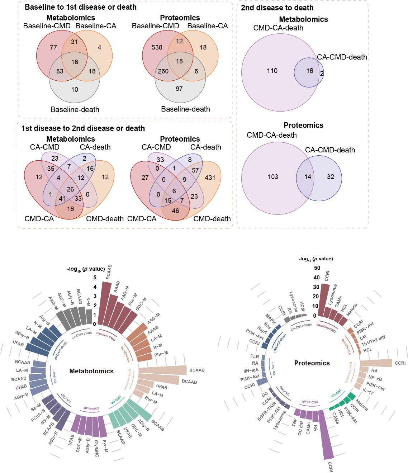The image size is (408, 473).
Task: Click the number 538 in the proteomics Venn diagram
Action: pos(157,47)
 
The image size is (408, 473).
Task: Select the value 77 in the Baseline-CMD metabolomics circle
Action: pos(53,47)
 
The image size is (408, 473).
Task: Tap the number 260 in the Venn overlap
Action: pos(163,71)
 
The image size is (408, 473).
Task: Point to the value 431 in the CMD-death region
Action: pos(210,177)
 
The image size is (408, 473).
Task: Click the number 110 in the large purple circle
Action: pos(272,71)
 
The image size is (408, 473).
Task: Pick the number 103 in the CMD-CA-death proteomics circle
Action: pos(273,176)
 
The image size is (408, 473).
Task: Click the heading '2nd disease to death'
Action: pos(277,8)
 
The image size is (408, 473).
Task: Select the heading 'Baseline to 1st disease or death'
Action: pos(81,7)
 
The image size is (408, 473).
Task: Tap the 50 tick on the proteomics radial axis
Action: pos(317,268)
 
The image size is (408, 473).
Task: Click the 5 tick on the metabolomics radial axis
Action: pos(95,278)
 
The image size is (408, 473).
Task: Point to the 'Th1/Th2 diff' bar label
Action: pos(373,341)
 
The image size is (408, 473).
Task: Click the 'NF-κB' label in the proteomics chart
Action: pos(375,378)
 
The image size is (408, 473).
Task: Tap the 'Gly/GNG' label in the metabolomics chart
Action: pos(96,448)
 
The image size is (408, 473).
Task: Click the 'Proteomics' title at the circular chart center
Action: pos(312,363)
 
